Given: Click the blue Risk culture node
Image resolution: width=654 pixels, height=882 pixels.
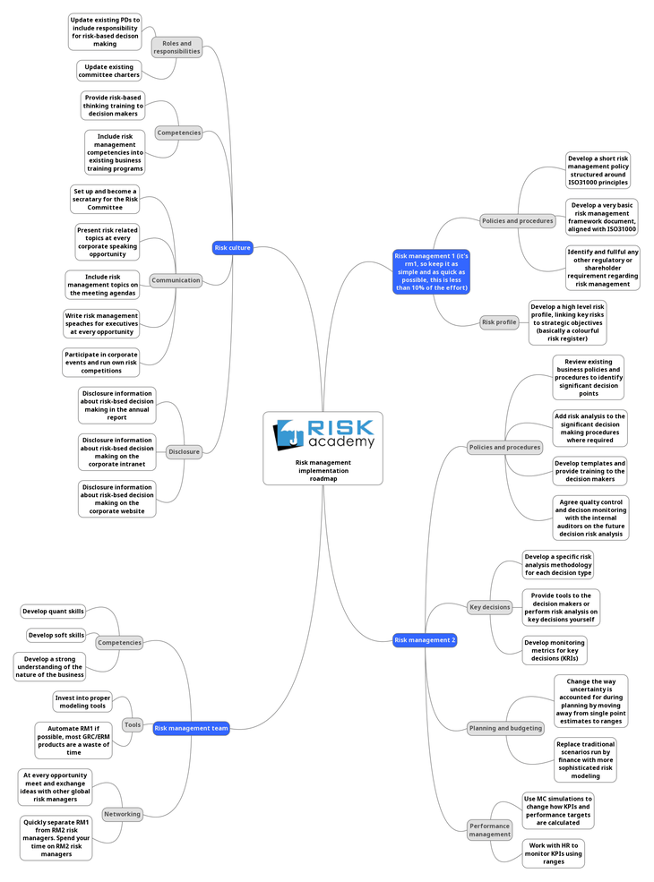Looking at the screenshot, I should [x=232, y=247].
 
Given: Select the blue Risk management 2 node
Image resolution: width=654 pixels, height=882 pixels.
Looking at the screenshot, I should [x=425, y=640].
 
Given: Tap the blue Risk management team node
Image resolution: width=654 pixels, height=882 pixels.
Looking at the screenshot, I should [x=191, y=728].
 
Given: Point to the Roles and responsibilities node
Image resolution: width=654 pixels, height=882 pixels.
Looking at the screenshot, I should [x=176, y=47].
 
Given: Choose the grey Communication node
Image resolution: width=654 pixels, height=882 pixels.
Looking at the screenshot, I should [x=176, y=280].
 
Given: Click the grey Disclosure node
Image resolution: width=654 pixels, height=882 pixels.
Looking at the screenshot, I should [x=184, y=451].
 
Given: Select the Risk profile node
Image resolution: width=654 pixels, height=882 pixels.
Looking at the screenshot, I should [x=499, y=322].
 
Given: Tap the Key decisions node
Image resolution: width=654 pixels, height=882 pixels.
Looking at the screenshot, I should [x=489, y=607].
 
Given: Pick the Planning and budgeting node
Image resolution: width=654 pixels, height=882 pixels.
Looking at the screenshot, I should [x=505, y=728].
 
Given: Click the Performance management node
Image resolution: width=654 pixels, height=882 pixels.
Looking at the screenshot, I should [x=489, y=829].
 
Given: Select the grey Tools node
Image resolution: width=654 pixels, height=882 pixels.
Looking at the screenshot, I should [x=132, y=724].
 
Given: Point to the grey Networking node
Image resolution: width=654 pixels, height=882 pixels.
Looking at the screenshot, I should [x=122, y=814].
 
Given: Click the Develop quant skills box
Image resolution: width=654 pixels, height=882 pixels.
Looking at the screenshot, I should [x=54, y=612].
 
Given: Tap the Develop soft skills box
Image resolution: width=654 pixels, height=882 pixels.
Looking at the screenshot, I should [x=56, y=635].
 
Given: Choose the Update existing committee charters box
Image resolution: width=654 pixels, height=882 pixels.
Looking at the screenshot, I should [x=108, y=71].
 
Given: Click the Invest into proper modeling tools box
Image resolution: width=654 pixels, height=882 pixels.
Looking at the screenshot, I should [x=82, y=702].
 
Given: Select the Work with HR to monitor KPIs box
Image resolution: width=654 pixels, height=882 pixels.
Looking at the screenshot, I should [x=553, y=853].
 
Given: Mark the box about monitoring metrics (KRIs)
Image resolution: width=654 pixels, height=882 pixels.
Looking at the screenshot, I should [x=554, y=650].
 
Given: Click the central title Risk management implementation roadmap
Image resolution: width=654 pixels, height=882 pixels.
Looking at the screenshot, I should [x=323, y=470].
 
